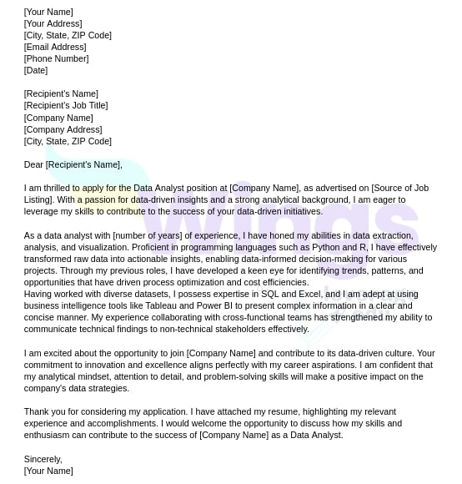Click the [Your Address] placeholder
[x=53, y=23]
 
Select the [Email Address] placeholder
[x=55, y=47]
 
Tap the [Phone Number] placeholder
[x=56, y=58]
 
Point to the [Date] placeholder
[x=36, y=70]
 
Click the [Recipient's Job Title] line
[x=66, y=105]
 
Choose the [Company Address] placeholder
[x=63, y=129]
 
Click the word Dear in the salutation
[x=33, y=164]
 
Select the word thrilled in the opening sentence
[x=55, y=188]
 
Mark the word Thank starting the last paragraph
[x=37, y=411]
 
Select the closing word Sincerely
[x=43, y=459]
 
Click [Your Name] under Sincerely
[x=48, y=471]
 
